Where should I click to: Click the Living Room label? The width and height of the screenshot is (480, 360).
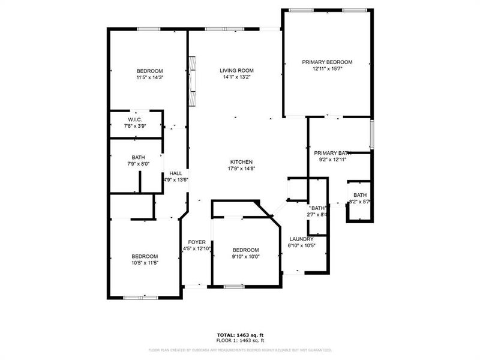click(236, 70)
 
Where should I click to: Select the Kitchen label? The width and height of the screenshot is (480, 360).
click(241, 162)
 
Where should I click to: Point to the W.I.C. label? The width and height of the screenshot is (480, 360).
click(134, 119)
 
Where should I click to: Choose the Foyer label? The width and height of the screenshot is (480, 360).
click(197, 242)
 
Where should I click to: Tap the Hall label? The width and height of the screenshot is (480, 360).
click(176, 173)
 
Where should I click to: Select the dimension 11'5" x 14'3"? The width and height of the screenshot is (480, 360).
click(150, 77)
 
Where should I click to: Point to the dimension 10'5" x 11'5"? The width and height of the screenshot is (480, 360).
click(145, 262)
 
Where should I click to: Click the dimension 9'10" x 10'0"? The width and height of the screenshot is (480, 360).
click(245, 256)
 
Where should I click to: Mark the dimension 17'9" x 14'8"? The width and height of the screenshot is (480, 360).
click(241, 169)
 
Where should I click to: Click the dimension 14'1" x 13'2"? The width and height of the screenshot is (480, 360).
click(236, 77)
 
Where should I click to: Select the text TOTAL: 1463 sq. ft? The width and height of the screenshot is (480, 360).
click(240, 334)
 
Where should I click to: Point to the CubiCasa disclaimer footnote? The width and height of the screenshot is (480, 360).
click(240, 350)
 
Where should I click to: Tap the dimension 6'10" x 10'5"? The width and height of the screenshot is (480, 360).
click(302, 245)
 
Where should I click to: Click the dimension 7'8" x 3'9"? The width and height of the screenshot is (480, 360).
click(134, 126)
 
